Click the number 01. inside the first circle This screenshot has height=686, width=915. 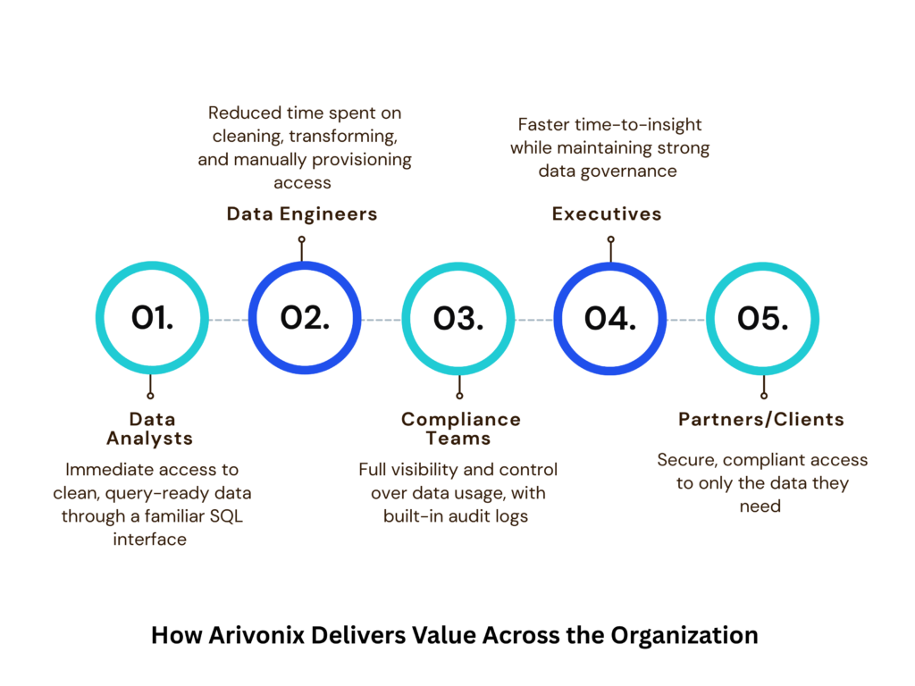click(152, 318)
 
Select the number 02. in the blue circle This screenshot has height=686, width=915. click(305, 318)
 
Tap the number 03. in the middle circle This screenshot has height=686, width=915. click(458, 319)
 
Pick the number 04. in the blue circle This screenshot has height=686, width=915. click(609, 319)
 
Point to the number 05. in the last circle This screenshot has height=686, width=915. click(763, 319)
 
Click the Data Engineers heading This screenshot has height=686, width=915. click(302, 214)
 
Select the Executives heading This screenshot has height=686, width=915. click(607, 214)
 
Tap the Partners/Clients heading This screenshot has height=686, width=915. click(761, 420)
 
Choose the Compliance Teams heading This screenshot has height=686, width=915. click(460, 429)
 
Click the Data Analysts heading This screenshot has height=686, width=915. click(150, 429)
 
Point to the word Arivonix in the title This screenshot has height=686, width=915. click(256, 635)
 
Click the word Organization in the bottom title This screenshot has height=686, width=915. click(684, 636)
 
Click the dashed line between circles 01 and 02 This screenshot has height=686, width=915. click(229, 320)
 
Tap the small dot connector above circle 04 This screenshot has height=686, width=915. click(610, 239)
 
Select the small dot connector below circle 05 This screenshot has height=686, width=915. click(764, 396)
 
